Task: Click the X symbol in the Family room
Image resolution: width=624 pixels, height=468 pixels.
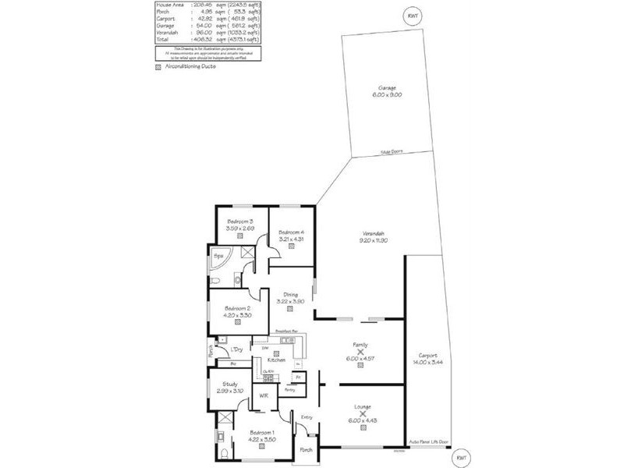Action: point(360,351)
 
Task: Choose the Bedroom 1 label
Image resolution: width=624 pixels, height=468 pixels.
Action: point(261,433)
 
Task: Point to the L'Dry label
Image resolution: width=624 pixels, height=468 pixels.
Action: point(236,349)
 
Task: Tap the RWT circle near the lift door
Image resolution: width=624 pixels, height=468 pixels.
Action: point(461,458)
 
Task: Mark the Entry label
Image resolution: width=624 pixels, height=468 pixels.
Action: point(307,418)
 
